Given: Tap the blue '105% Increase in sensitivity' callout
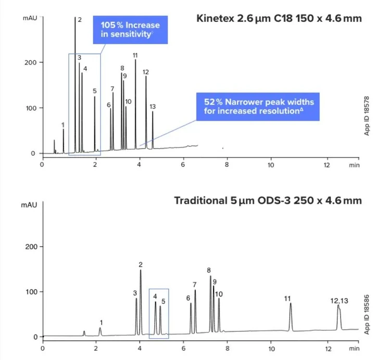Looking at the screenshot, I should point(127,29).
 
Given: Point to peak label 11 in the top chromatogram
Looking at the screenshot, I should point(135,56).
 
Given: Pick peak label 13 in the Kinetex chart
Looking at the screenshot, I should point(153,107).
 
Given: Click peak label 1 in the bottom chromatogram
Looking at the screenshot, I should point(101,323).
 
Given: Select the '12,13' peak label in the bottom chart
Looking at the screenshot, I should point(339,301).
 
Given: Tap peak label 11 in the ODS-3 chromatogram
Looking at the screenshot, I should point(287,299).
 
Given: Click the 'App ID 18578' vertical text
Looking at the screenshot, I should point(367,115).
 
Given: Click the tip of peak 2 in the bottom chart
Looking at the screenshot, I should point(141,270).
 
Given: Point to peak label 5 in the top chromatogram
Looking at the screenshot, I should point(95,91).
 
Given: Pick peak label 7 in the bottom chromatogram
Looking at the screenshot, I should point(194,285).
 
